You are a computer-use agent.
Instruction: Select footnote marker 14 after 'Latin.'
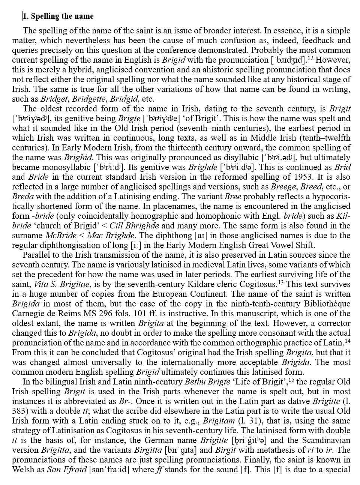tap(347, 341)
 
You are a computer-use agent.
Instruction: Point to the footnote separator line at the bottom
tap(66, 479)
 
